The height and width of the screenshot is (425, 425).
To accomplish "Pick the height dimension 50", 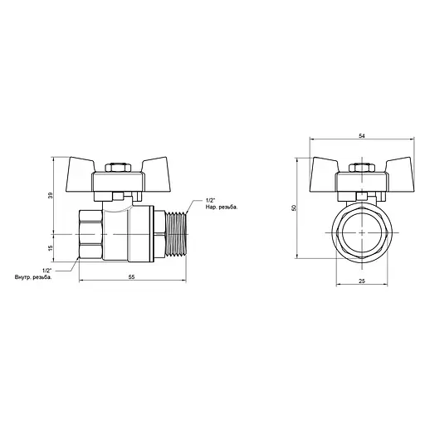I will pyautogui.click(x=294, y=208).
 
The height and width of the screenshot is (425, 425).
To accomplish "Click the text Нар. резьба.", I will pyautogui.click(x=218, y=208).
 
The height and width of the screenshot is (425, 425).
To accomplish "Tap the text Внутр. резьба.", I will pyautogui.click(x=34, y=276).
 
